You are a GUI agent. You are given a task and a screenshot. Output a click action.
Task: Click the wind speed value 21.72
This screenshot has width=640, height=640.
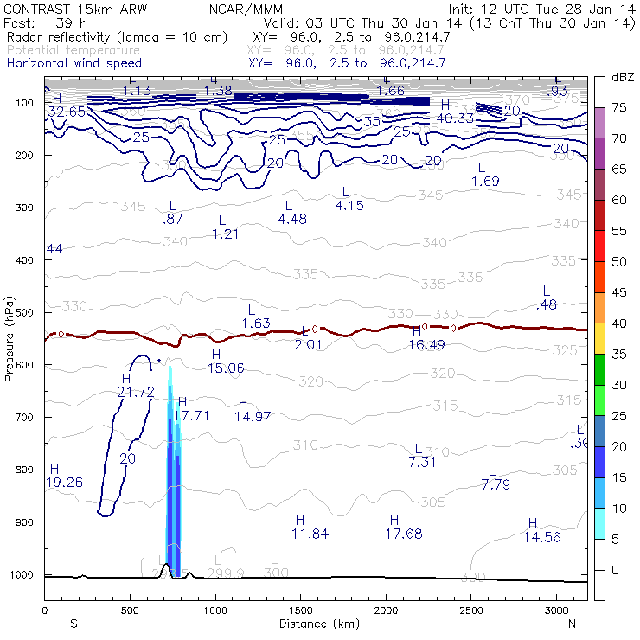coord(135,392)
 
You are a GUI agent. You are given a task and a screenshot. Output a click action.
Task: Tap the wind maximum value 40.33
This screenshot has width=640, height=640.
coord(455,118)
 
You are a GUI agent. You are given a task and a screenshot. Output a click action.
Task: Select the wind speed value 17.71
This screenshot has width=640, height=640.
coord(192,415)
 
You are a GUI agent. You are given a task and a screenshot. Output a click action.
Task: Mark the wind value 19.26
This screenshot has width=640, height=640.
coord(65,482)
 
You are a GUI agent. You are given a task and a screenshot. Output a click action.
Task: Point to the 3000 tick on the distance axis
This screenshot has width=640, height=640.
coord(556,611)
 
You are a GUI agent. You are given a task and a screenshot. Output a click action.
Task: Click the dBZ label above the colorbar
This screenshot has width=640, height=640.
coord(623,77)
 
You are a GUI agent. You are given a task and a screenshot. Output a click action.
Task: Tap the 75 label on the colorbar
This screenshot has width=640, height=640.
coord(619,108)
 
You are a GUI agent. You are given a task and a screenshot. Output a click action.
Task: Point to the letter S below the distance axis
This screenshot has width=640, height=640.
coord(73,624)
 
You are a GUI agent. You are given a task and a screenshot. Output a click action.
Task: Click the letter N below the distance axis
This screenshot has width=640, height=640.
coord(572,624)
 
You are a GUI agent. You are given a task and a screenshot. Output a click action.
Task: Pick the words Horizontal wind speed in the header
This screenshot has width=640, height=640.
coord(74,63)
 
